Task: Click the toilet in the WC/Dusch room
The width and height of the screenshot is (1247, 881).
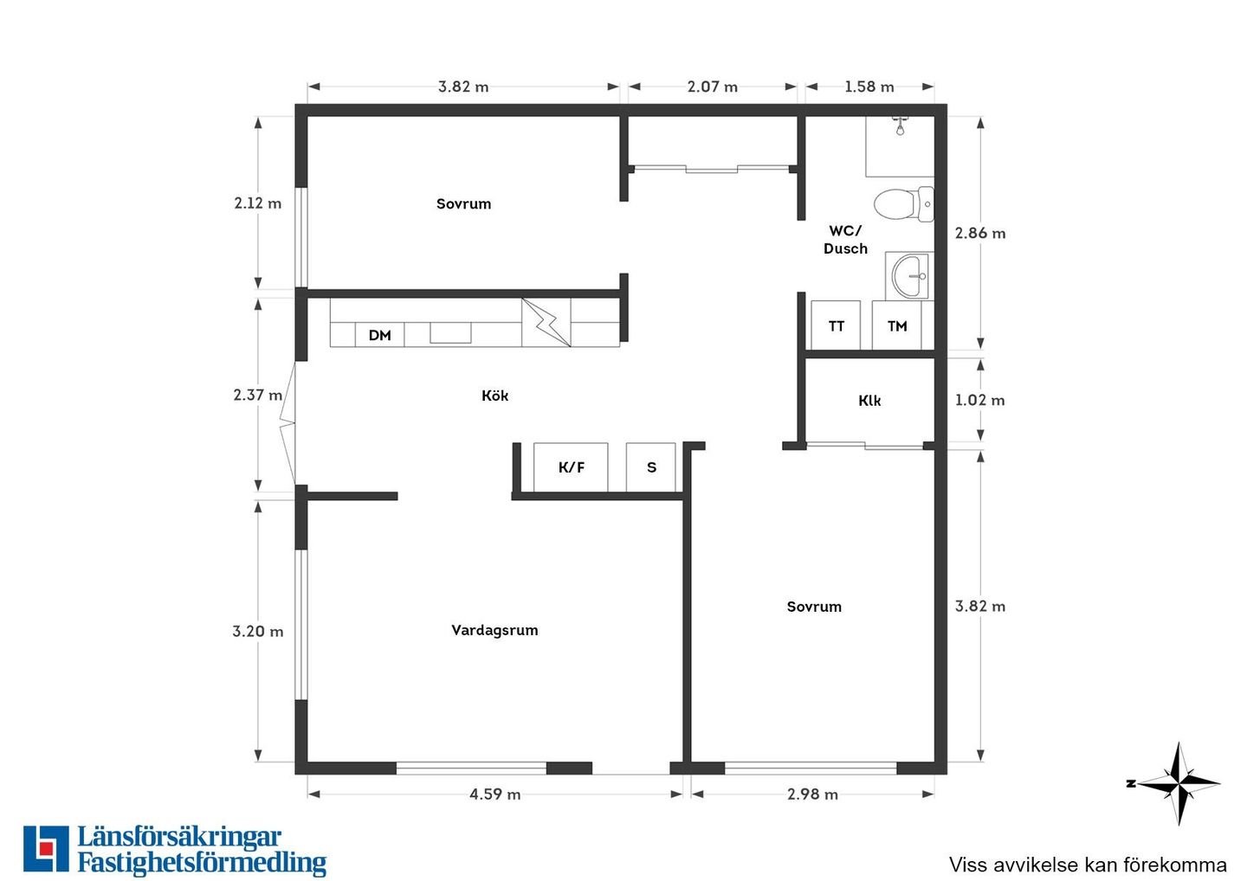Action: tap(904, 204)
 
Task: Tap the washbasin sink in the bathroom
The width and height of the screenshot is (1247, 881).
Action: tap(909, 276)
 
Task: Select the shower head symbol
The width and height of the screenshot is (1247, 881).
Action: tap(901, 126)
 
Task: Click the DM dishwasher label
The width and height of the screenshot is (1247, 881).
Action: tap(379, 336)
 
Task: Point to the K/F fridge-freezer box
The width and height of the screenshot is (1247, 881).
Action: tap(571, 467)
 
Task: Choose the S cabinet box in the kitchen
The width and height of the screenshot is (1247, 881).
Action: tap(651, 467)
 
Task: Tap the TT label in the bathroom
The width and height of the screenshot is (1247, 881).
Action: tap(837, 326)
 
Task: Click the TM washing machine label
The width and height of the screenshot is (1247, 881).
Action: tap(897, 326)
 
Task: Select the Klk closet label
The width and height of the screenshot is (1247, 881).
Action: tap(869, 401)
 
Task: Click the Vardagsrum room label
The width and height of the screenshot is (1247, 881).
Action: tap(494, 630)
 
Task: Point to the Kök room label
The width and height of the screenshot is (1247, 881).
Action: tap(495, 395)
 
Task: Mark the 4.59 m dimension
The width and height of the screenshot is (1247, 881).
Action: tap(495, 794)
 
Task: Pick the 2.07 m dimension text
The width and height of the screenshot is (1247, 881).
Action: tap(713, 87)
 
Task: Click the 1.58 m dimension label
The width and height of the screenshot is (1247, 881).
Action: tap(869, 87)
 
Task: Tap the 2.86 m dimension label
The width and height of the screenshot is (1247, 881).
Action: tap(980, 233)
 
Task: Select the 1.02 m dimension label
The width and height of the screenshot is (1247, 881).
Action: tap(979, 400)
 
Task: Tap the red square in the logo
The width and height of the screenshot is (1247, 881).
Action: tap(45, 849)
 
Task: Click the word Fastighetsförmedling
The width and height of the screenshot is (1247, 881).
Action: tap(202, 865)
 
